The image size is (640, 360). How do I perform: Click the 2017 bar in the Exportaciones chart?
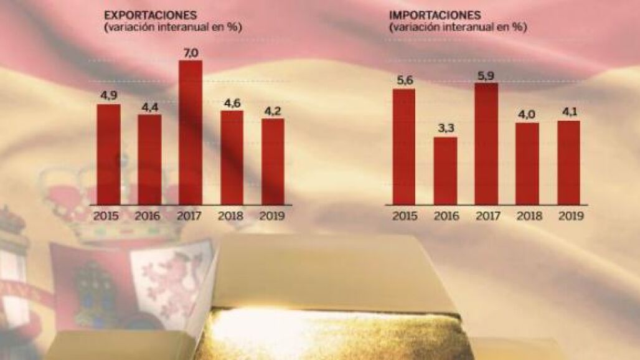tap(191, 132)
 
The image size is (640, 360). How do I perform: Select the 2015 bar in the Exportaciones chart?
tap(108, 154)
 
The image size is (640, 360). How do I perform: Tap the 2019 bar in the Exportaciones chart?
tap(273, 161)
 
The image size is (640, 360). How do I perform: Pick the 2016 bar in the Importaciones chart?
tap(445, 171)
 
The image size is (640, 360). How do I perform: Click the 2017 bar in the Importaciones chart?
tap(486, 143)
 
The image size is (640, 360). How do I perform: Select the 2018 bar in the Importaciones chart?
tap(527, 163)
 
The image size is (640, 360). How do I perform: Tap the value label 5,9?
tap(486, 77)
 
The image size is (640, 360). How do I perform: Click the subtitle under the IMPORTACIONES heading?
tap(458, 27)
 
